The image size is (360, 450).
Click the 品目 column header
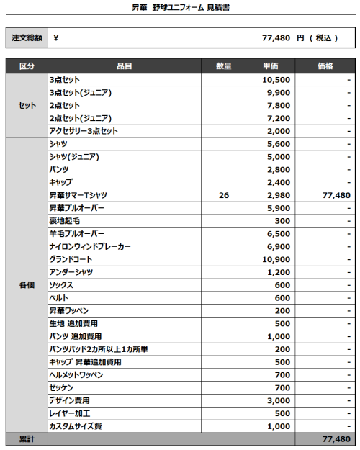tap(124, 66)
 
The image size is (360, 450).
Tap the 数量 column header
tap(223, 66)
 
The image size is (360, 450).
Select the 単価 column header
tap(271, 66)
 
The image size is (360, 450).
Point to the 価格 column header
tap(325, 66)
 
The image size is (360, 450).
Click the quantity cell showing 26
tap(224, 195)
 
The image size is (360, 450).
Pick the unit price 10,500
tap(277, 80)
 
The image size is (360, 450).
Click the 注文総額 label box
tap(27, 38)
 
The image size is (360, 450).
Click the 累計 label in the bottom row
tap(27, 438)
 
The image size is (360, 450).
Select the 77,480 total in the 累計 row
tap(336, 438)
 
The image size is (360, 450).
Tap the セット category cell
tap(27, 106)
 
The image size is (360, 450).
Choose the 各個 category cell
tap(27, 285)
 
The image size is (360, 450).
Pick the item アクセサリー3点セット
tap(83, 131)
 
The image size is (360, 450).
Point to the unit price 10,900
tap(277, 259)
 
